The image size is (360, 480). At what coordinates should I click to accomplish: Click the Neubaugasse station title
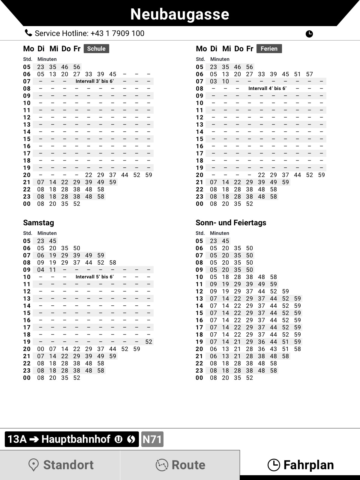tap(180, 14)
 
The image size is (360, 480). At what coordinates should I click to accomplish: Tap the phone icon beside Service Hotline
tap(28, 33)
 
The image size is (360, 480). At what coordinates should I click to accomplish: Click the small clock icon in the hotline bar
tap(309, 34)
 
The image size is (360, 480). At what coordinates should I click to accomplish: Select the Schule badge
tap(96, 49)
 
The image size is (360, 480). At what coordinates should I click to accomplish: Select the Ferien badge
tap(269, 49)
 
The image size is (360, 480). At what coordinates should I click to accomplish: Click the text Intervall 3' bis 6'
tap(94, 81)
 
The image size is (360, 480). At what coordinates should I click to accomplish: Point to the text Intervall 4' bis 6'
tap(267, 88)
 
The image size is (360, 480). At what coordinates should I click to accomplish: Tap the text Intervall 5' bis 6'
tap(94, 277)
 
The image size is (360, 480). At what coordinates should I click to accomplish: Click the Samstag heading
tap(38, 223)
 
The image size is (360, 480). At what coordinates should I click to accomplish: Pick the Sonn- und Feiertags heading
tap(231, 223)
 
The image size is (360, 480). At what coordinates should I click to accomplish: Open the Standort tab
tap(60, 465)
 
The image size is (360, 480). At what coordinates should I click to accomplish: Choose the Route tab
tap(180, 465)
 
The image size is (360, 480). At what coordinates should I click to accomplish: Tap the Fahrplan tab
tap(300, 465)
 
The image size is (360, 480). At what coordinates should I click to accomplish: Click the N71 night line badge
tap(152, 439)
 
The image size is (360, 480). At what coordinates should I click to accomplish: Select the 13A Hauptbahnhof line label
tap(60, 439)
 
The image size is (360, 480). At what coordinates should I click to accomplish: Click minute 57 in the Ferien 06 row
tap(309, 74)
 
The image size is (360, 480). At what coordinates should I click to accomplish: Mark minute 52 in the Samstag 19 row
tap(148, 342)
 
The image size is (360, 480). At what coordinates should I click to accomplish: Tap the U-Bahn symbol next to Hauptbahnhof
tap(118, 439)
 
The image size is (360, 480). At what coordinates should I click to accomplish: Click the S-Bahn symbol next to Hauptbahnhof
tap(131, 439)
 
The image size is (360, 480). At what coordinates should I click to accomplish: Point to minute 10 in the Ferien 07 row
tap(225, 81)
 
